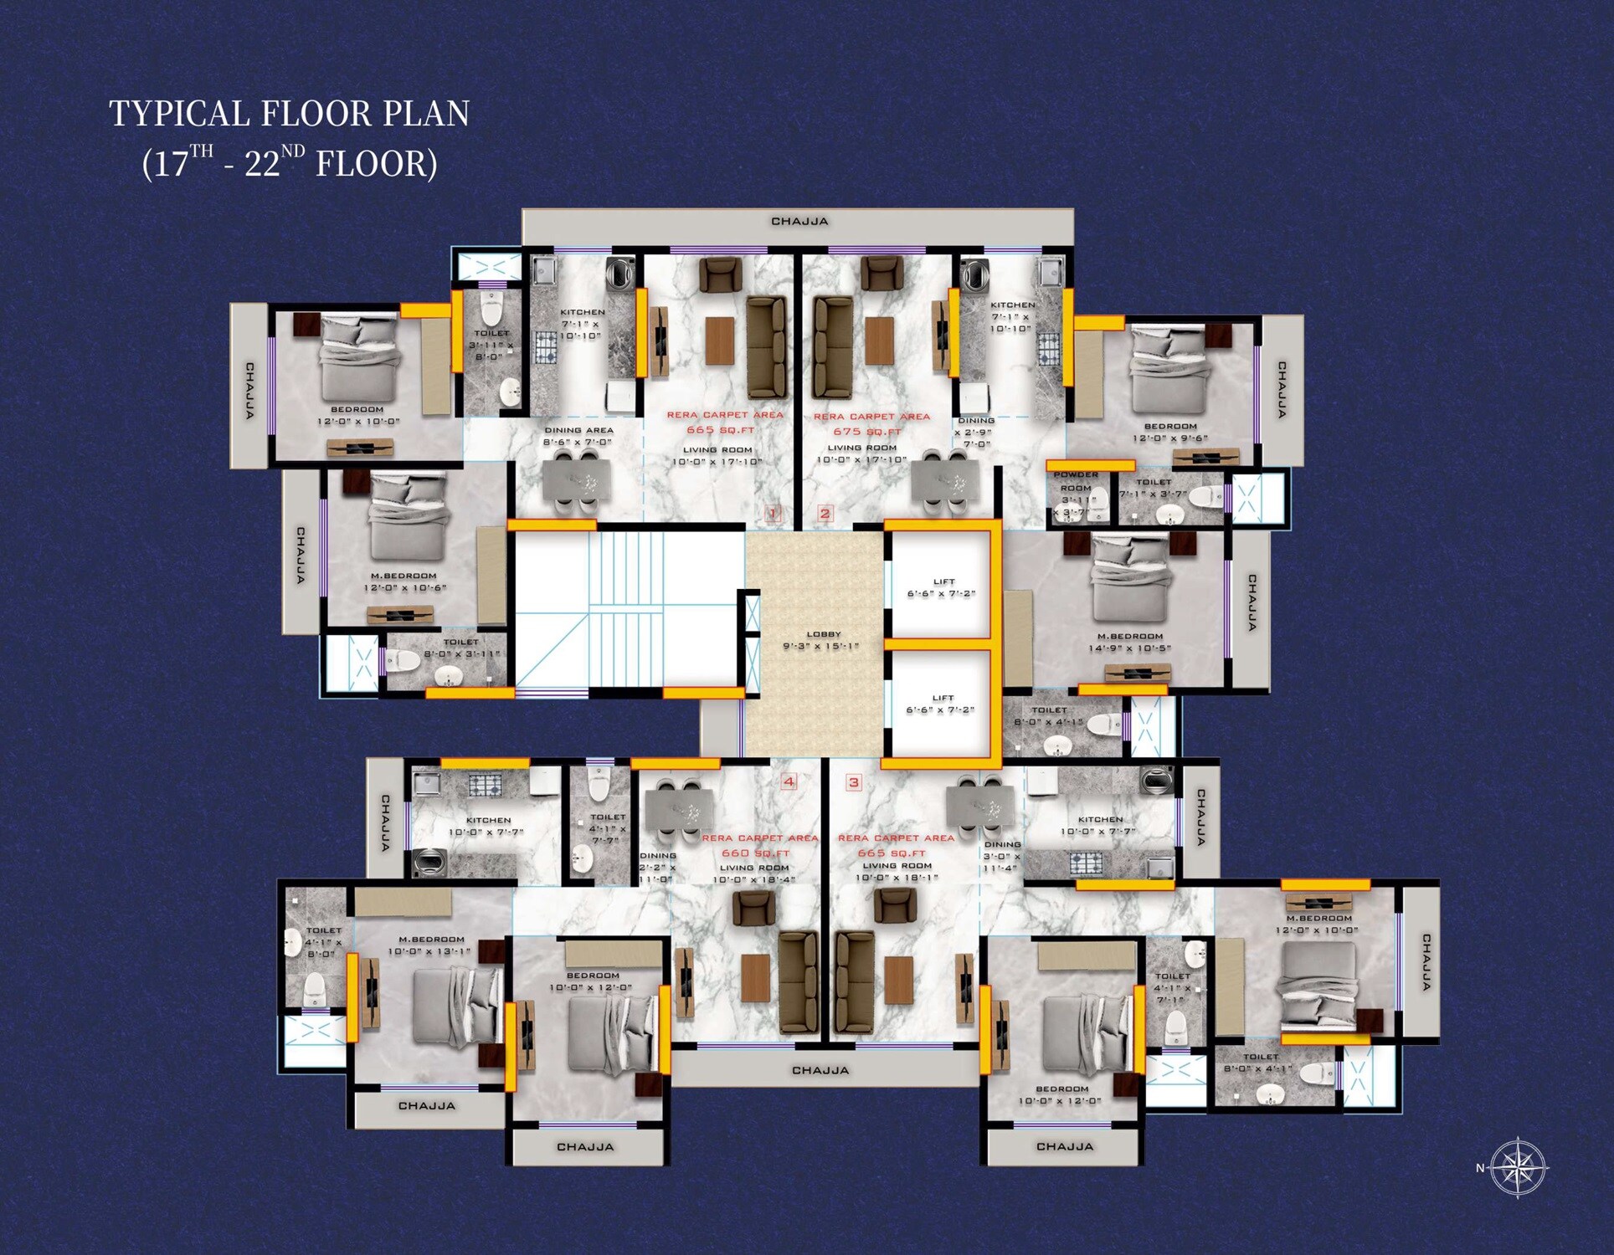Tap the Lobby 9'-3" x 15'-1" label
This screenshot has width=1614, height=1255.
point(820,640)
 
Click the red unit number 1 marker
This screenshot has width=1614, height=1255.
point(773,513)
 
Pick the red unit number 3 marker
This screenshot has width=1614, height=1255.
point(853,782)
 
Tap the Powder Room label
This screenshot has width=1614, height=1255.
point(1076,481)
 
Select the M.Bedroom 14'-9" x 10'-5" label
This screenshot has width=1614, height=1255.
point(1129,642)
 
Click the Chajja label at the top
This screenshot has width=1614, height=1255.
point(799,222)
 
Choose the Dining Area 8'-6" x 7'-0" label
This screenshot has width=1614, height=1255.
point(578,436)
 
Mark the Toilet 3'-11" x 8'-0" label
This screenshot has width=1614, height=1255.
point(491,345)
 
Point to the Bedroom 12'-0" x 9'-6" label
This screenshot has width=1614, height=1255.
point(1169,432)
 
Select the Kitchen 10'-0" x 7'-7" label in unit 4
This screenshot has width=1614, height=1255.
point(487,826)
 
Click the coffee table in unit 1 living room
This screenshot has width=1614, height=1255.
point(719,341)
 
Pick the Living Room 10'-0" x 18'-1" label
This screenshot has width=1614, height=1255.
point(897,872)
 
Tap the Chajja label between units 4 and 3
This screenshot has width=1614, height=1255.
point(820,1070)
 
